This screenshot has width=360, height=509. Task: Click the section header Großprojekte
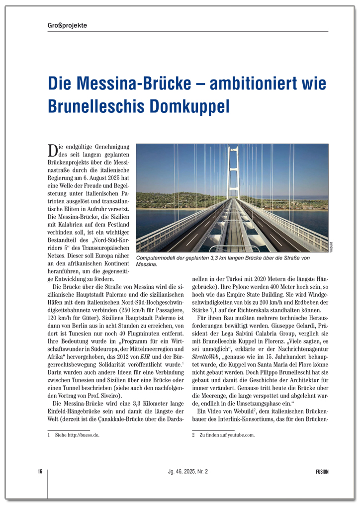tap(64, 25)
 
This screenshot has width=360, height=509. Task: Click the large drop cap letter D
tap(52, 150)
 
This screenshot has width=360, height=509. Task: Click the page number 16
tap(40, 472)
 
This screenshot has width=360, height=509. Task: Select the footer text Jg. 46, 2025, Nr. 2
tap(187, 472)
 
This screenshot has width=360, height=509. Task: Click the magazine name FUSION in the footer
tap(322, 472)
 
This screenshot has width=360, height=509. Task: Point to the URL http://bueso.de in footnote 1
tap(84, 435)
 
